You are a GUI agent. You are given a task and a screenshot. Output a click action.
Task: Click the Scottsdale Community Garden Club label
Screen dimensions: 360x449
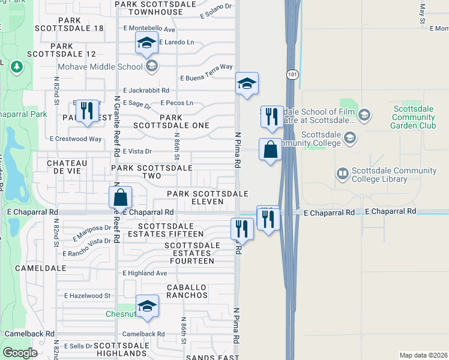[417, 117]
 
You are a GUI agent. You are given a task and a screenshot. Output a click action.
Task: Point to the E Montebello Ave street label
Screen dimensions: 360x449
[149, 29]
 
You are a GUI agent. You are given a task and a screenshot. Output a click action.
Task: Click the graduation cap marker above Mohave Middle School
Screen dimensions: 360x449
[146, 44]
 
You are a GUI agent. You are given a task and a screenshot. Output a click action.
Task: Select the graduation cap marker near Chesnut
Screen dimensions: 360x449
[147, 307]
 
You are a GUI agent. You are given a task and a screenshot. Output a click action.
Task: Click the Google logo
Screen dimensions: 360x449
[20, 353]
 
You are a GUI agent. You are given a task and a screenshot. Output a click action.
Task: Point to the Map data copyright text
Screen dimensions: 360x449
[423, 355]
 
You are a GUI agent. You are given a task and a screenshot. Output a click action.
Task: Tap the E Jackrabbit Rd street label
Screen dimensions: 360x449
[146, 90]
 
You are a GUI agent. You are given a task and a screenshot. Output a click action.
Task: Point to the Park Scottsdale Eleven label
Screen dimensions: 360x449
[207, 197]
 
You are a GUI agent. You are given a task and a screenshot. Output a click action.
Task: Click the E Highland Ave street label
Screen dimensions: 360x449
[145, 273]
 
